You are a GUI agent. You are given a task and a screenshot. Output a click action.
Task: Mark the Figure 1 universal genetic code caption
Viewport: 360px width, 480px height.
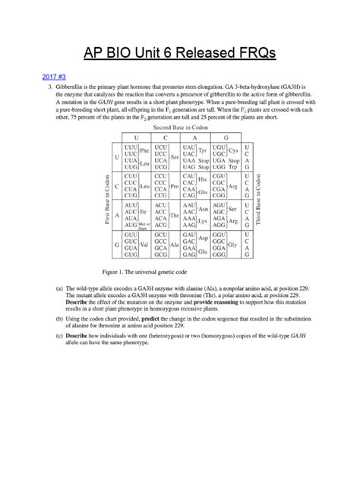click(144, 270)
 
